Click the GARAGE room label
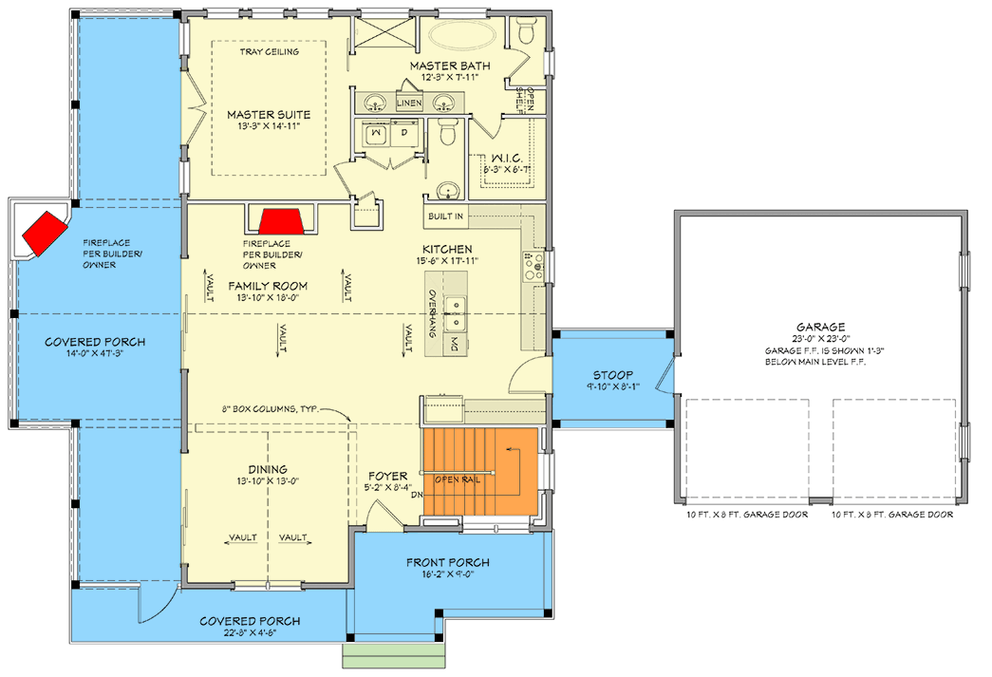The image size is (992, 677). pos(822,325)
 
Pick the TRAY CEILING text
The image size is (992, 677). pos(270,51)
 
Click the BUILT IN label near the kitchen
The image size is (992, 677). pos(446,217)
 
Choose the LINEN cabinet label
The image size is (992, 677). pos(410,101)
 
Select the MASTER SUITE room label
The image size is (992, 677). pos(269,115)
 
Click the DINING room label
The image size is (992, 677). pos(269,468)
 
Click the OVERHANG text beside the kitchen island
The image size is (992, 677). pos(432,314)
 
